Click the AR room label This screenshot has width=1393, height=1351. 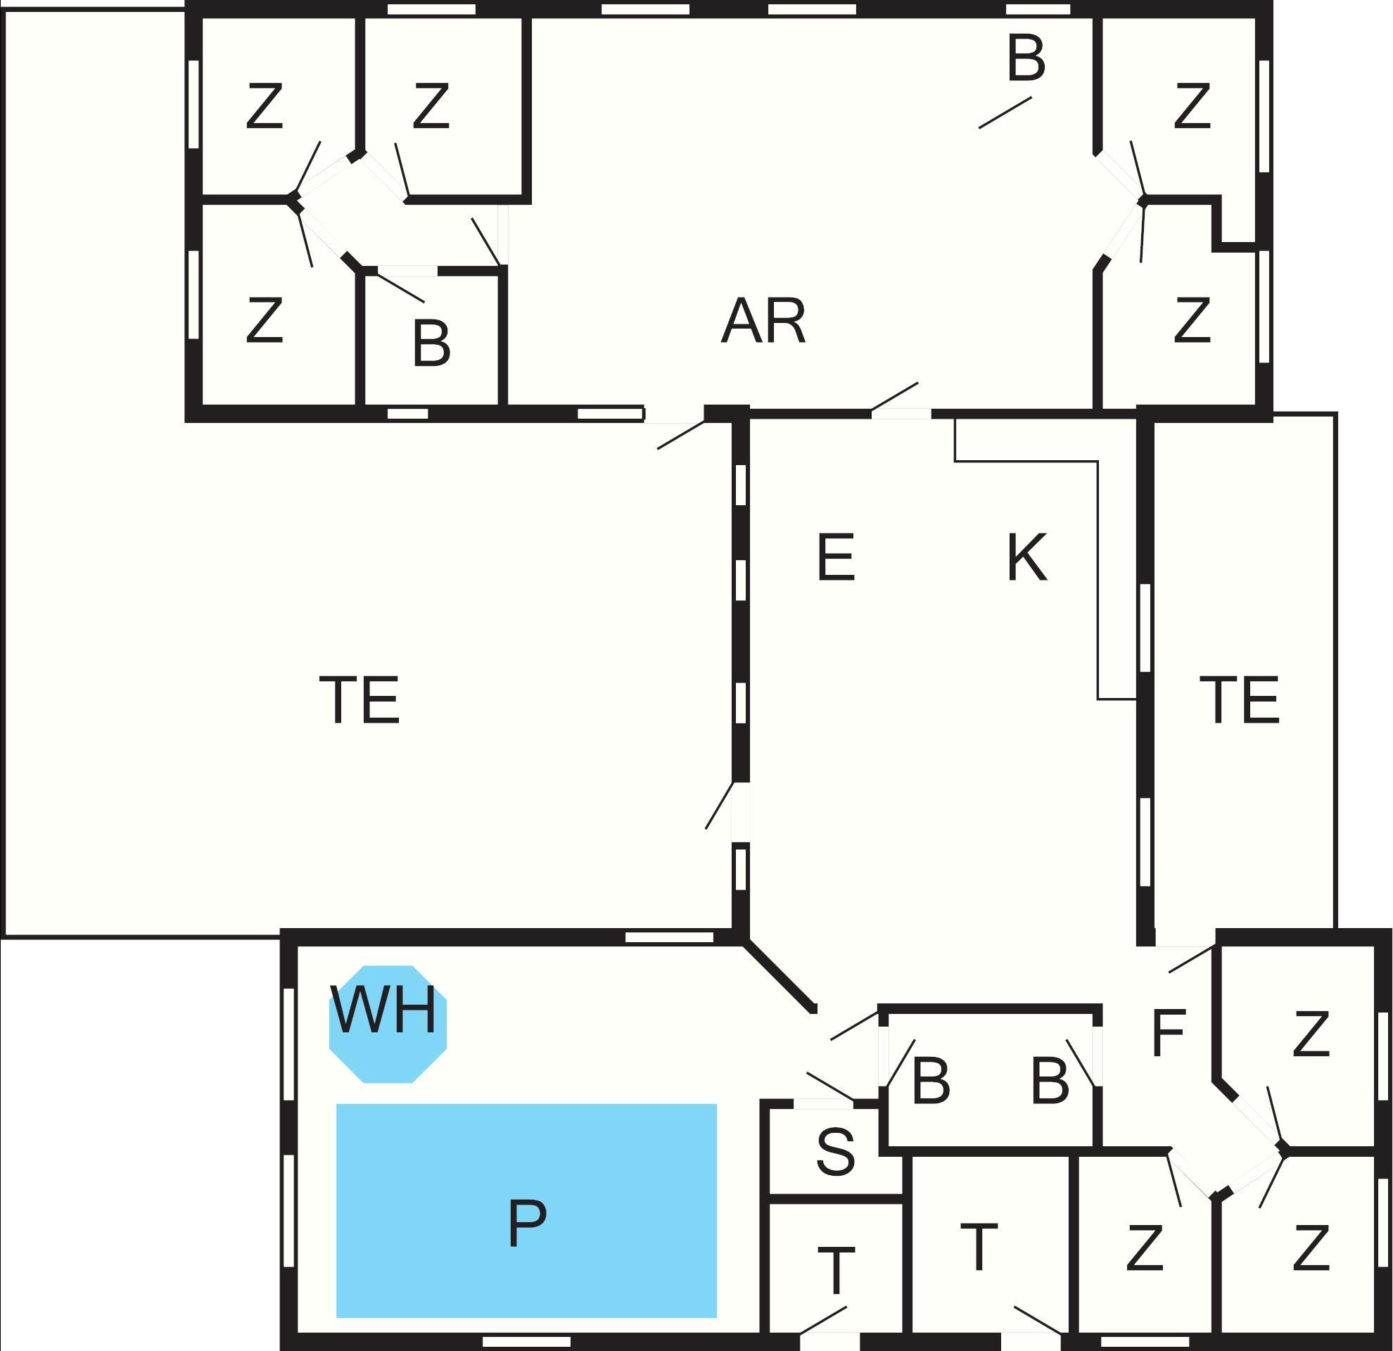click(763, 322)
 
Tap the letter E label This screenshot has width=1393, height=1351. click(835, 558)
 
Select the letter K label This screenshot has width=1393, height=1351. click(1027, 558)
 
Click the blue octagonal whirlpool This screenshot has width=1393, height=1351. click(388, 1024)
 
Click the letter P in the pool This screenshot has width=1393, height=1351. click(528, 1223)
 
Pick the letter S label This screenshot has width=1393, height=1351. click(835, 1152)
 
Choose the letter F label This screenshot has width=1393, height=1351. click(1169, 1034)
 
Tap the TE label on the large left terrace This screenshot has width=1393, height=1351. click(360, 700)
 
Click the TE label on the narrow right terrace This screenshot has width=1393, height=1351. click(1240, 700)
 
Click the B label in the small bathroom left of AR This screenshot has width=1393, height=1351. click(431, 344)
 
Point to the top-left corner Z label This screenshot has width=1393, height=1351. click(265, 106)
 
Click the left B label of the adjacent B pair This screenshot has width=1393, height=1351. click(931, 1082)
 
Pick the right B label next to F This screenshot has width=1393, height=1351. click(1050, 1082)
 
